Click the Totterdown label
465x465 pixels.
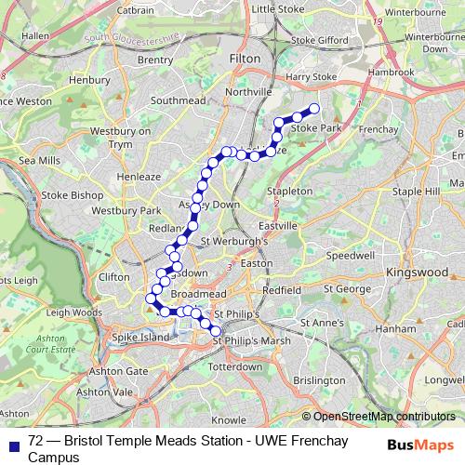pos(235,366)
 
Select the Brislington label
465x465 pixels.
pos(318,379)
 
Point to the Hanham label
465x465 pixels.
pos(397,328)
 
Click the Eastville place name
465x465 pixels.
pos(278,225)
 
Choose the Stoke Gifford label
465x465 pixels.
pos(319,40)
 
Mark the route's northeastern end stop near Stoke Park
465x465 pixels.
pos(313,108)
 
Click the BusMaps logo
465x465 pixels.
pos(425,445)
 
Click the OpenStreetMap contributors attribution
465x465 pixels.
pos(384,417)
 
